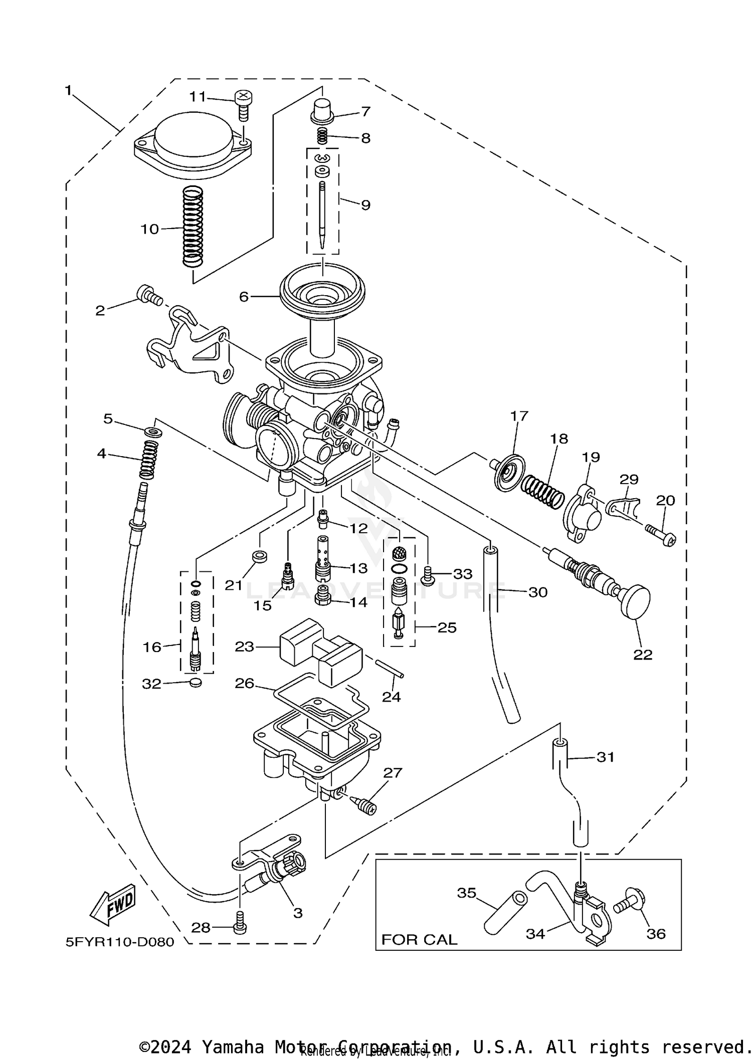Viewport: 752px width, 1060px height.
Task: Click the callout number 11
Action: (x=198, y=97)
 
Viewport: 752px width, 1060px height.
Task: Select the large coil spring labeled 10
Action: (x=193, y=227)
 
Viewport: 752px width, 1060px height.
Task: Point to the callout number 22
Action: (x=643, y=654)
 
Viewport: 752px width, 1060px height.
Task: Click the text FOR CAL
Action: (x=419, y=939)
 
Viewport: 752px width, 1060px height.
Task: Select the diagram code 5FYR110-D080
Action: (x=120, y=942)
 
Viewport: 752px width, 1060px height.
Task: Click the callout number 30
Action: (x=538, y=592)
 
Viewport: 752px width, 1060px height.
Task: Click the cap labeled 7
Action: (x=321, y=111)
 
